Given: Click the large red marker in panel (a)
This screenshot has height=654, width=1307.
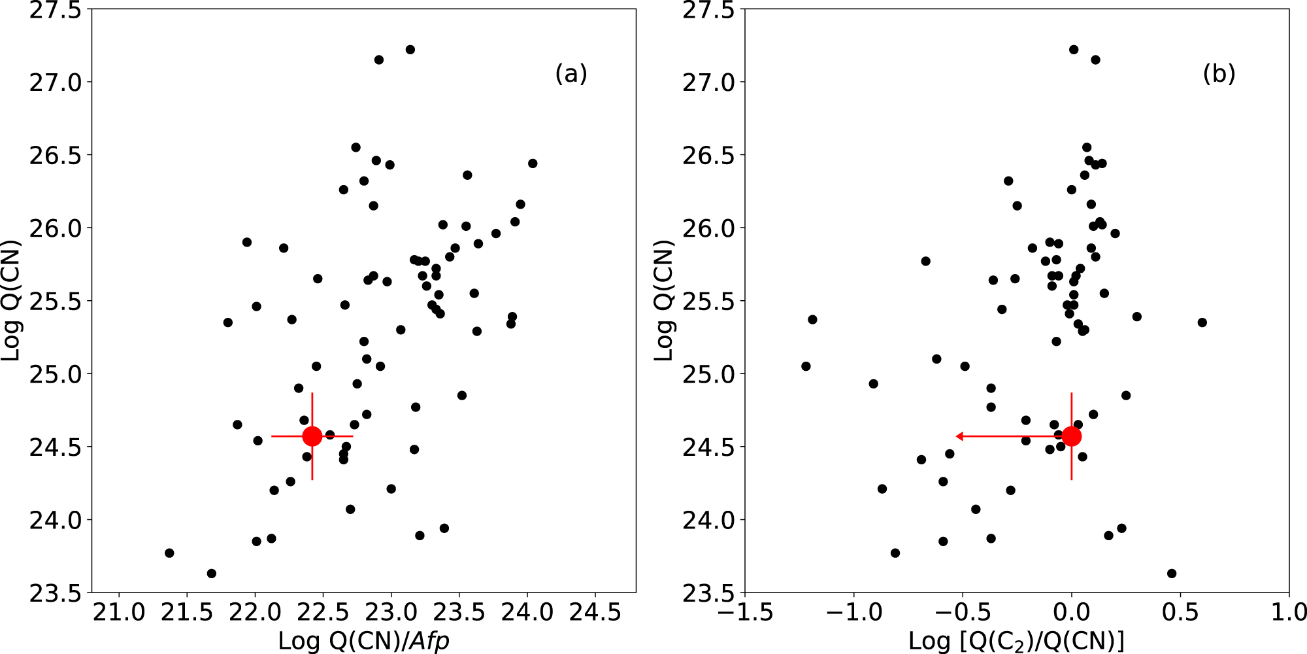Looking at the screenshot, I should [x=312, y=436].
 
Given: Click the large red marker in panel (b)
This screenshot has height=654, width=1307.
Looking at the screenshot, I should [x=1072, y=436].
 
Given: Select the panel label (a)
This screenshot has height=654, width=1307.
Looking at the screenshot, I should [x=571, y=74].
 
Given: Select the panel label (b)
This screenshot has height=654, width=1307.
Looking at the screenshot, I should [x=1219, y=74].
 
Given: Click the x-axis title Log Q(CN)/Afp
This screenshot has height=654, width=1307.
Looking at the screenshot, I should [x=364, y=640].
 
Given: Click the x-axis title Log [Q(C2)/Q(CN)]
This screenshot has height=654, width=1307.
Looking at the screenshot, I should [x=1016, y=640].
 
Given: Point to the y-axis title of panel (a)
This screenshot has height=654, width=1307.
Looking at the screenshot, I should [x=11, y=300].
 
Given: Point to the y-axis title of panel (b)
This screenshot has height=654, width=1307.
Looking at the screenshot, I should [x=664, y=300].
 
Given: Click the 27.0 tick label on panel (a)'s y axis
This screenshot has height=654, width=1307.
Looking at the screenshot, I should [x=56, y=82].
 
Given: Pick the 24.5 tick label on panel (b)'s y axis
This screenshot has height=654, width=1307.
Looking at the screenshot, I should [x=708, y=447].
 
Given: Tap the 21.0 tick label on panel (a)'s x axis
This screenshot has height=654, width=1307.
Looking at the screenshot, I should [x=119, y=613].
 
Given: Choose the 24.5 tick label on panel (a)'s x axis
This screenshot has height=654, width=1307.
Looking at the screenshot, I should [x=595, y=613].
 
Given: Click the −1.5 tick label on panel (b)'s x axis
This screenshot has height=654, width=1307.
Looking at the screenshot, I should [x=744, y=613].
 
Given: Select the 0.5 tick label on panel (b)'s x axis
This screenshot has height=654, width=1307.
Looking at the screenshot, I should [x=1180, y=613].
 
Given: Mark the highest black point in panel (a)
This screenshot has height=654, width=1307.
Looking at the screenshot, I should [x=410, y=50].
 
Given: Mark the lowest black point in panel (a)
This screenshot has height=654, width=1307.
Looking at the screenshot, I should [x=211, y=574].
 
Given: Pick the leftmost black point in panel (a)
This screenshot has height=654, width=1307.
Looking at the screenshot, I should [x=169, y=553].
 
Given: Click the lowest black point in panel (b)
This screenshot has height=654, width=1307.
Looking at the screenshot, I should [x=1172, y=574].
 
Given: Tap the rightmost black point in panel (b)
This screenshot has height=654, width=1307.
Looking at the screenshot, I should [x=1202, y=322].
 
